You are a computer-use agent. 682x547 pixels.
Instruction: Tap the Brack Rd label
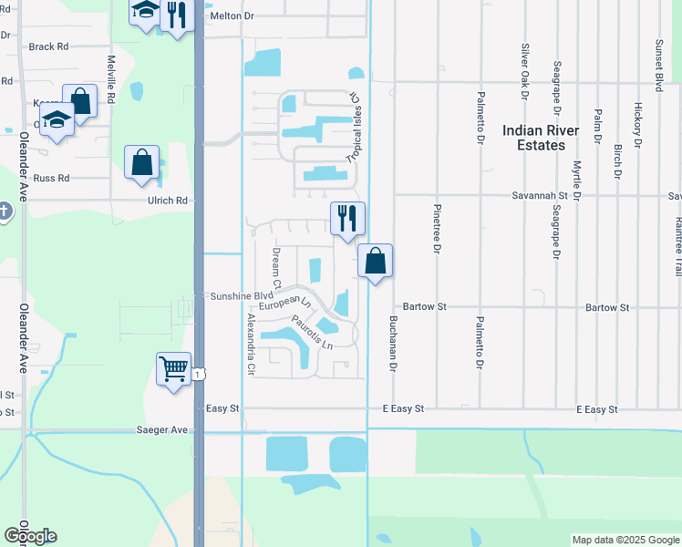tap(48, 46)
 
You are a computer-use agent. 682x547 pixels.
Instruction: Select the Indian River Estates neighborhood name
tap(541, 138)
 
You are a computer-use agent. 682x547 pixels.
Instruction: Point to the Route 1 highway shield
tap(198, 375)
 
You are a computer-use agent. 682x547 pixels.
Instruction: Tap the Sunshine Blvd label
tap(243, 296)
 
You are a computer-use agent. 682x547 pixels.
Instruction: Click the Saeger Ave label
tap(161, 429)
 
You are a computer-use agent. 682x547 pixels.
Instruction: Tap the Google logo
tap(30, 536)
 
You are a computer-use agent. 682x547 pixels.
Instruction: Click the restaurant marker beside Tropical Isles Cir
tap(347, 218)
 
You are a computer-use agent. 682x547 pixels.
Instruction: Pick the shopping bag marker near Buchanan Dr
tap(375, 261)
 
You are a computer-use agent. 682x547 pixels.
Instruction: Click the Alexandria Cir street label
tap(251, 346)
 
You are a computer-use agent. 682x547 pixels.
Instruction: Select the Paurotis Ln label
tap(312, 333)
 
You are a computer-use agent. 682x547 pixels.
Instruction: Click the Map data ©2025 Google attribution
tap(625, 540)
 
